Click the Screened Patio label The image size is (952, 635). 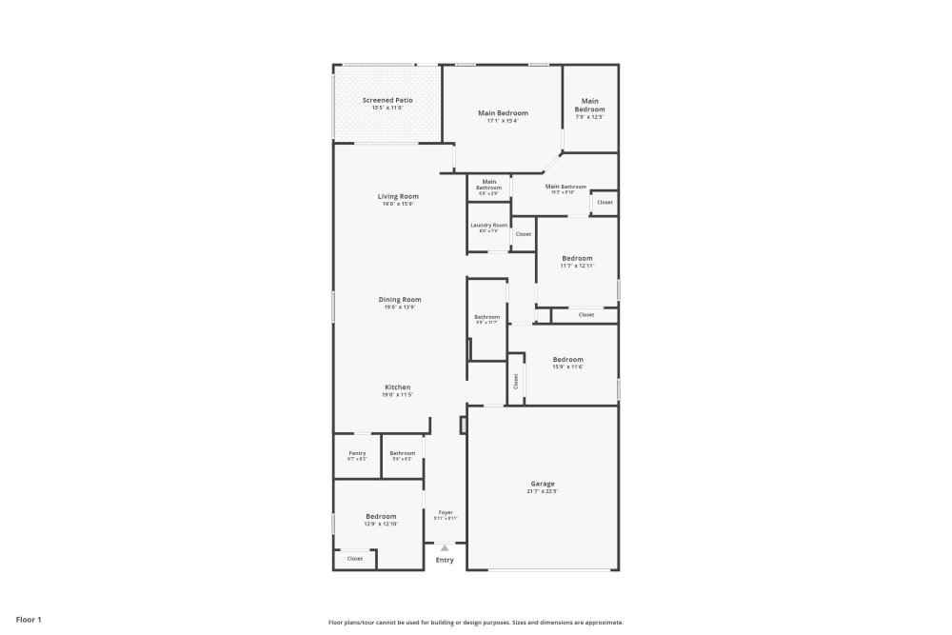click(387, 100)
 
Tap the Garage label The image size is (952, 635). click(543, 484)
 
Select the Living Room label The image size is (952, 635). click(398, 196)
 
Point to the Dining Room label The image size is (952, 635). click(400, 300)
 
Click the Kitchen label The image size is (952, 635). click(398, 387)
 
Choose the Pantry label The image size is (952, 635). click(357, 453)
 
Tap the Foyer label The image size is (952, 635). click(446, 512)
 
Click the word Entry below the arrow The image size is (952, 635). click(445, 560)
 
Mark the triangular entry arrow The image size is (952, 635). click(445, 547)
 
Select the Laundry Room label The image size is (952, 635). click(489, 226)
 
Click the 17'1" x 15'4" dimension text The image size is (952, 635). click(503, 121)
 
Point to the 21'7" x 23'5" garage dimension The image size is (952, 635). click(543, 492)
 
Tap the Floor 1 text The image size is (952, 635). click(29, 620)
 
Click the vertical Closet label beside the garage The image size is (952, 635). click(516, 381)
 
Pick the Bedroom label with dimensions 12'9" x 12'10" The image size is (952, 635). click(381, 516)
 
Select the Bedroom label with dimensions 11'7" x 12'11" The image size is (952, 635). click(577, 258)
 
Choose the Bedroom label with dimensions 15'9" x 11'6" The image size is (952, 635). click(568, 359)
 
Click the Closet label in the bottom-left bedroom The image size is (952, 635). click(355, 559)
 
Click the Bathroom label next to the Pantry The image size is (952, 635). click(403, 453)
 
